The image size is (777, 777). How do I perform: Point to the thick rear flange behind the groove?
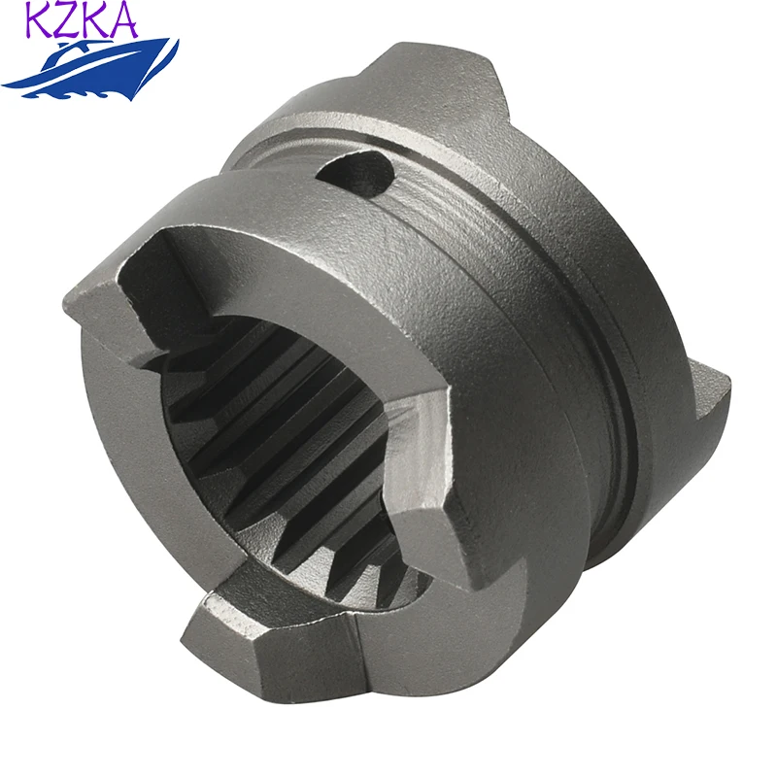tap(622, 291)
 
